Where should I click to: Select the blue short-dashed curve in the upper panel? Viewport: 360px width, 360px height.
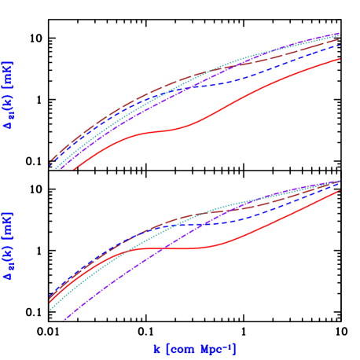click(236, 81)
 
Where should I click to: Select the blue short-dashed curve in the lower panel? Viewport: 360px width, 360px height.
click(236, 222)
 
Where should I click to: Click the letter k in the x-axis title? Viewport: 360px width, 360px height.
click(157, 349)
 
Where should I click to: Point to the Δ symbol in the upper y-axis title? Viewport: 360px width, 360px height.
click(9, 124)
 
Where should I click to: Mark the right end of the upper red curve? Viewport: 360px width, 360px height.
click(340, 59)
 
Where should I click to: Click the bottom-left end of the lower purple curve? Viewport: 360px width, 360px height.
click(63, 321)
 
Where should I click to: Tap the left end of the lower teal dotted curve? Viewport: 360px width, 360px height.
click(50, 309)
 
